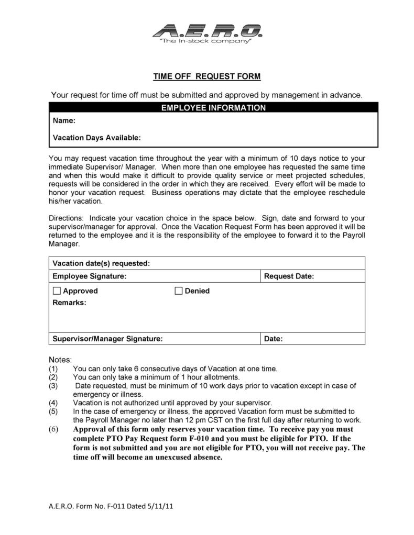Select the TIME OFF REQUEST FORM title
click(206, 76)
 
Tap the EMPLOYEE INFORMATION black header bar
click(213, 108)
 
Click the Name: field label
click(64, 121)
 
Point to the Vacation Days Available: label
click(97, 138)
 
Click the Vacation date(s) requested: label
click(101, 263)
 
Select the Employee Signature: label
click(89, 276)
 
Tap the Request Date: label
click(289, 276)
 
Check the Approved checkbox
click(57, 291)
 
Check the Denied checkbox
click(178, 291)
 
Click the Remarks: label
click(70, 303)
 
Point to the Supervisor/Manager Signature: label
click(107, 339)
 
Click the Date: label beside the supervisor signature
click(273, 339)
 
